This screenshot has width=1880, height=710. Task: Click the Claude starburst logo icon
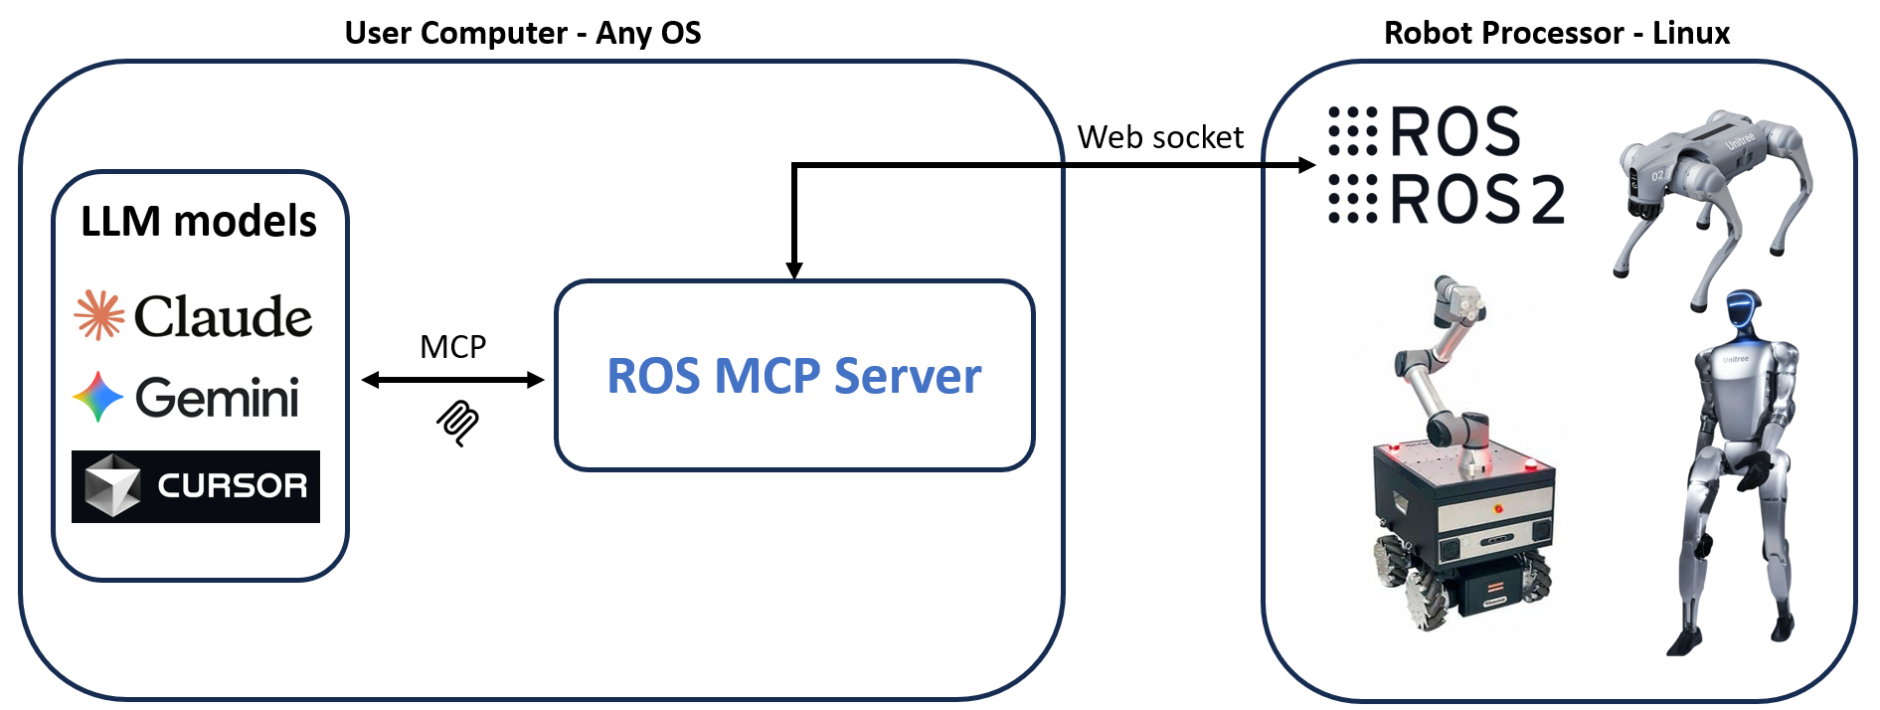pyautogui.click(x=99, y=315)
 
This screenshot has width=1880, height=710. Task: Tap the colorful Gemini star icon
pyautogui.click(x=98, y=397)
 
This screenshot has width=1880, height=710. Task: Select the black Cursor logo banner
pyautogui.click(x=196, y=486)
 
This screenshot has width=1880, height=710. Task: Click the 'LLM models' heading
pyautogui.click(x=199, y=221)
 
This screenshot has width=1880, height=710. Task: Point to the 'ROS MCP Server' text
pyautogui.click(x=794, y=376)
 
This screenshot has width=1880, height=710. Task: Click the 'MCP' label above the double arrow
pyautogui.click(x=453, y=346)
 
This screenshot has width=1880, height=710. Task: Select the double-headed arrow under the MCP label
pyautogui.click(x=453, y=380)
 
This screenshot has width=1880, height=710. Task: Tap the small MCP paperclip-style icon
pyautogui.click(x=457, y=423)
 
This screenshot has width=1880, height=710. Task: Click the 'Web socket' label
pyautogui.click(x=1160, y=137)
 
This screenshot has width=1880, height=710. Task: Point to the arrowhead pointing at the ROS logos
pyautogui.click(x=1307, y=165)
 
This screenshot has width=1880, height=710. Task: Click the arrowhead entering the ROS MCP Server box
pyautogui.click(x=794, y=270)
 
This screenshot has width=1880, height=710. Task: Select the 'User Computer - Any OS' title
pyautogui.click(x=523, y=33)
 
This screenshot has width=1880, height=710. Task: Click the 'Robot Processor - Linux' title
pyautogui.click(x=1557, y=33)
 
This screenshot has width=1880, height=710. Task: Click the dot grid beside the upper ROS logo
pyautogui.click(x=1353, y=131)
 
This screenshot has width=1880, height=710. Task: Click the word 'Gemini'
pyautogui.click(x=217, y=398)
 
